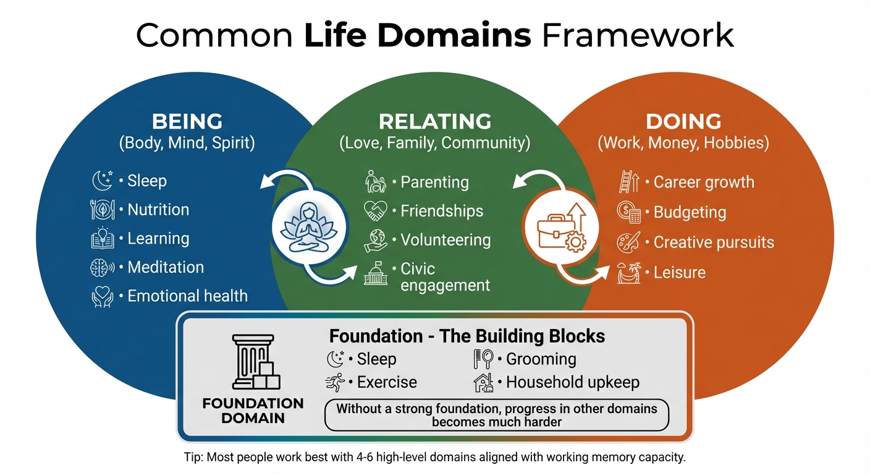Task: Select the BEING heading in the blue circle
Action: pyautogui.click(x=187, y=121)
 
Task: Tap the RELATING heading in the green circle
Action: pyautogui.click(x=435, y=121)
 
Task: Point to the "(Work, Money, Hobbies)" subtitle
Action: pyautogui.click(x=683, y=143)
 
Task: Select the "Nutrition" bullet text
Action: pyautogui.click(x=158, y=210)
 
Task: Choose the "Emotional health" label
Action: pyautogui.click(x=187, y=296)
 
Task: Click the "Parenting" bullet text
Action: pyautogui.click(x=434, y=182)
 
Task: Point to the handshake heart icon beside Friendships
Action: pyautogui.click(x=375, y=211)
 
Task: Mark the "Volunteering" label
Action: pyautogui.click(x=446, y=240)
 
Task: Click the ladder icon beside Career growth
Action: pyautogui.click(x=628, y=182)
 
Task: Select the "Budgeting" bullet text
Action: pyautogui.click(x=690, y=212)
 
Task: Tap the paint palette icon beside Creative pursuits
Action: pyautogui.click(x=628, y=242)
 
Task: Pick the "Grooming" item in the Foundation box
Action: pyautogui.click(x=541, y=359)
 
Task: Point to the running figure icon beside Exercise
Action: pyautogui.click(x=335, y=383)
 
